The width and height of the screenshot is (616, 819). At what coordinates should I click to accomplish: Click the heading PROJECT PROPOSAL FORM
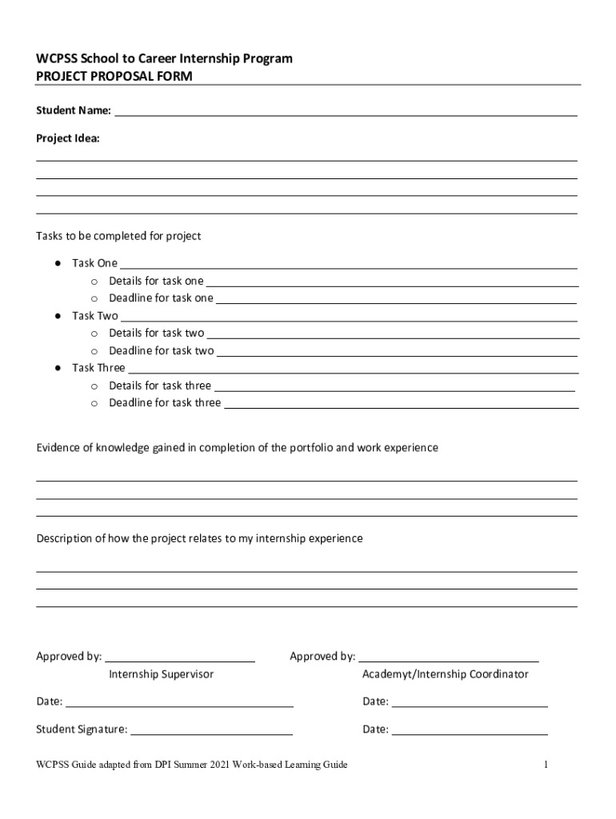click(114, 76)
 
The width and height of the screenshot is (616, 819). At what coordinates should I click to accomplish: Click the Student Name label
click(74, 110)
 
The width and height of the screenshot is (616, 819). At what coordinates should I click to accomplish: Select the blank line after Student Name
click(346, 112)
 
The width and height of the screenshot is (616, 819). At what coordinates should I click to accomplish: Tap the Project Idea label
click(68, 138)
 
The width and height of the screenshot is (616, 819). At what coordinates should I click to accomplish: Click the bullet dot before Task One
click(58, 263)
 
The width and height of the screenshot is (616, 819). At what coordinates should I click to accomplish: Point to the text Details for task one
click(156, 281)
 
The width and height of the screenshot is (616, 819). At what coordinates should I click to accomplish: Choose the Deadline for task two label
click(161, 350)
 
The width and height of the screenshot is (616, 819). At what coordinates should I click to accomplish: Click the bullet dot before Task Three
click(58, 368)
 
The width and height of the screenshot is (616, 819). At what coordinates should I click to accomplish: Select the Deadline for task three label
click(165, 403)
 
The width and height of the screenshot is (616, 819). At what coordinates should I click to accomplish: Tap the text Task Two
click(94, 316)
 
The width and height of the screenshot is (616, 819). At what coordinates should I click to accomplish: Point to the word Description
click(68, 539)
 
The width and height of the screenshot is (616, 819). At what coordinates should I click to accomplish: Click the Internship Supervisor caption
click(161, 674)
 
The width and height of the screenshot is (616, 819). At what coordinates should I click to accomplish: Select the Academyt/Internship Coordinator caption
click(445, 674)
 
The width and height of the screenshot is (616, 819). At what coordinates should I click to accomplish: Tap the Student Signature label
click(81, 729)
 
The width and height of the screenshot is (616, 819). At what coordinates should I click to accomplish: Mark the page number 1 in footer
click(545, 765)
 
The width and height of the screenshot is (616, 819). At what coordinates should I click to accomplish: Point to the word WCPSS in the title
click(56, 58)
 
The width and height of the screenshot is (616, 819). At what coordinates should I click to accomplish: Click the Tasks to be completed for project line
click(118, 236)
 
